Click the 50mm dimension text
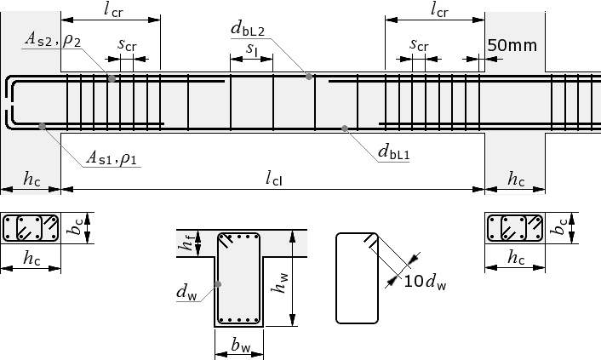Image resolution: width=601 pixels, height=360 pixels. (512, 45)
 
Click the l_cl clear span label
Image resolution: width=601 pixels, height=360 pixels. (274, 178)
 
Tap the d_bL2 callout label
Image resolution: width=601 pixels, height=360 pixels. (248, 29)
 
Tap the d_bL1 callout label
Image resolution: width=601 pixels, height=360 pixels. (393, 151)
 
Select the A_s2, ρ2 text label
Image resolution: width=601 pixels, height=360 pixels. (53, 39)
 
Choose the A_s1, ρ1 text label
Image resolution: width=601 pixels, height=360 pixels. (112, 157)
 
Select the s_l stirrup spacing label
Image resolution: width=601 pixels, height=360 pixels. (251, 49)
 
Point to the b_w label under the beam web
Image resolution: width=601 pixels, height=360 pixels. (240, 345)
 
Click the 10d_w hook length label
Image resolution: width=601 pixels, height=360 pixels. (425, 282)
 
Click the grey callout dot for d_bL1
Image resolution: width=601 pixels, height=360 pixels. (345, 129)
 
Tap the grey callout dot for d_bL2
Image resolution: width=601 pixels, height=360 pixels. (309, 77)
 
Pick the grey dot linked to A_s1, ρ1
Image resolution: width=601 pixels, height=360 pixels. (43, 126)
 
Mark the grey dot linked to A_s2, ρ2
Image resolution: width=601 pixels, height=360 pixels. (112, 78)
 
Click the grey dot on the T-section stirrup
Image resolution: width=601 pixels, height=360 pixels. (218, 284)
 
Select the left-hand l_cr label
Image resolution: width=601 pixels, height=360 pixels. (113, 9)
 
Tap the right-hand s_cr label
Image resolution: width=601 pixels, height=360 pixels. (419, 44)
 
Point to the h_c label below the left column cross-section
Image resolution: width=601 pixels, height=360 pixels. (31, 258)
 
